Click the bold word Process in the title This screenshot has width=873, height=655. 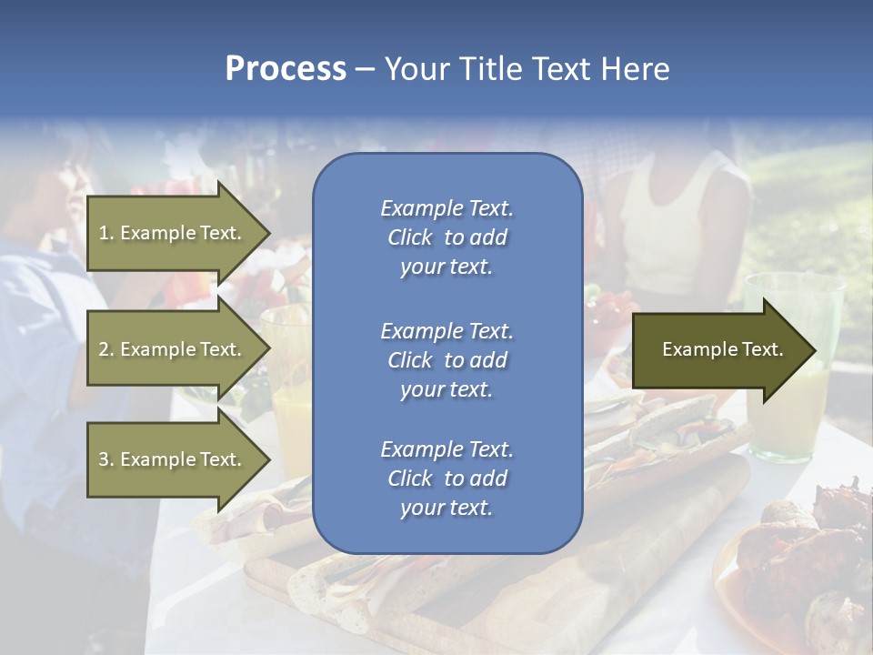[286, 69]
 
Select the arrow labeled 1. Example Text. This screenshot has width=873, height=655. [173, 233]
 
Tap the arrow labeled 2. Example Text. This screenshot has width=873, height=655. [173, 349]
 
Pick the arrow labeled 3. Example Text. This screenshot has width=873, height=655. [173, 459]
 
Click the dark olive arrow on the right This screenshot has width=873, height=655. [718, 349]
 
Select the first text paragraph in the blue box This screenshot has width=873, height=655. [447, 237]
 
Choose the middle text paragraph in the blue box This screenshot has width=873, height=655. [447, 360]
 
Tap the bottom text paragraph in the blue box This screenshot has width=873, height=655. [447, 479]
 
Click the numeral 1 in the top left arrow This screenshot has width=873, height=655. [103, 233]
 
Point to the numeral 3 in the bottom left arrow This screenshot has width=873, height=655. [104, 459]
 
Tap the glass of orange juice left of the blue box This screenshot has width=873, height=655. [289, 382]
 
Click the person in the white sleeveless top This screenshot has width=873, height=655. [673, 227]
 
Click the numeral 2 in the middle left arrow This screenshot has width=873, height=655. [104, 349]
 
